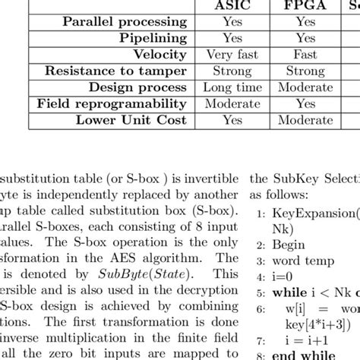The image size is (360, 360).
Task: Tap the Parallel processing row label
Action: tap(124, 22)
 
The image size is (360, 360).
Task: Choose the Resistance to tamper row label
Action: tap(116, 71)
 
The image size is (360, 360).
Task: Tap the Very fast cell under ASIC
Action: tap(232, 55)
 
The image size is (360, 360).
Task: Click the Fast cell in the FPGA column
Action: tap(306, 55)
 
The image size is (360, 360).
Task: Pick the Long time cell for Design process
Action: tap(232, 87)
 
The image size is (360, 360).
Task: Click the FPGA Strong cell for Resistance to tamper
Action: tap(306, 71)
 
